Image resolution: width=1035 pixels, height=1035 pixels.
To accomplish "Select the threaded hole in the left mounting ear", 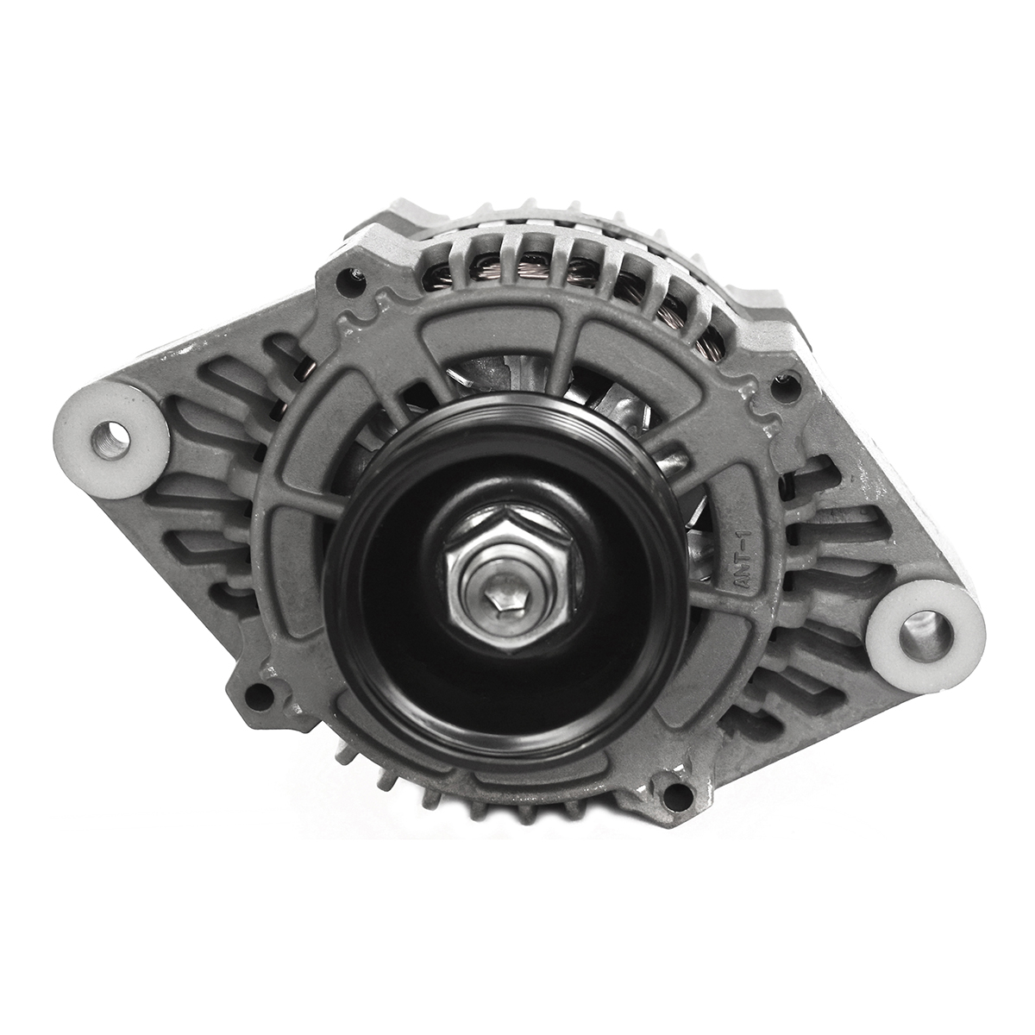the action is pos(111,440).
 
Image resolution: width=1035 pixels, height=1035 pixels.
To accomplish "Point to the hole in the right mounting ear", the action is pos(922,640).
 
